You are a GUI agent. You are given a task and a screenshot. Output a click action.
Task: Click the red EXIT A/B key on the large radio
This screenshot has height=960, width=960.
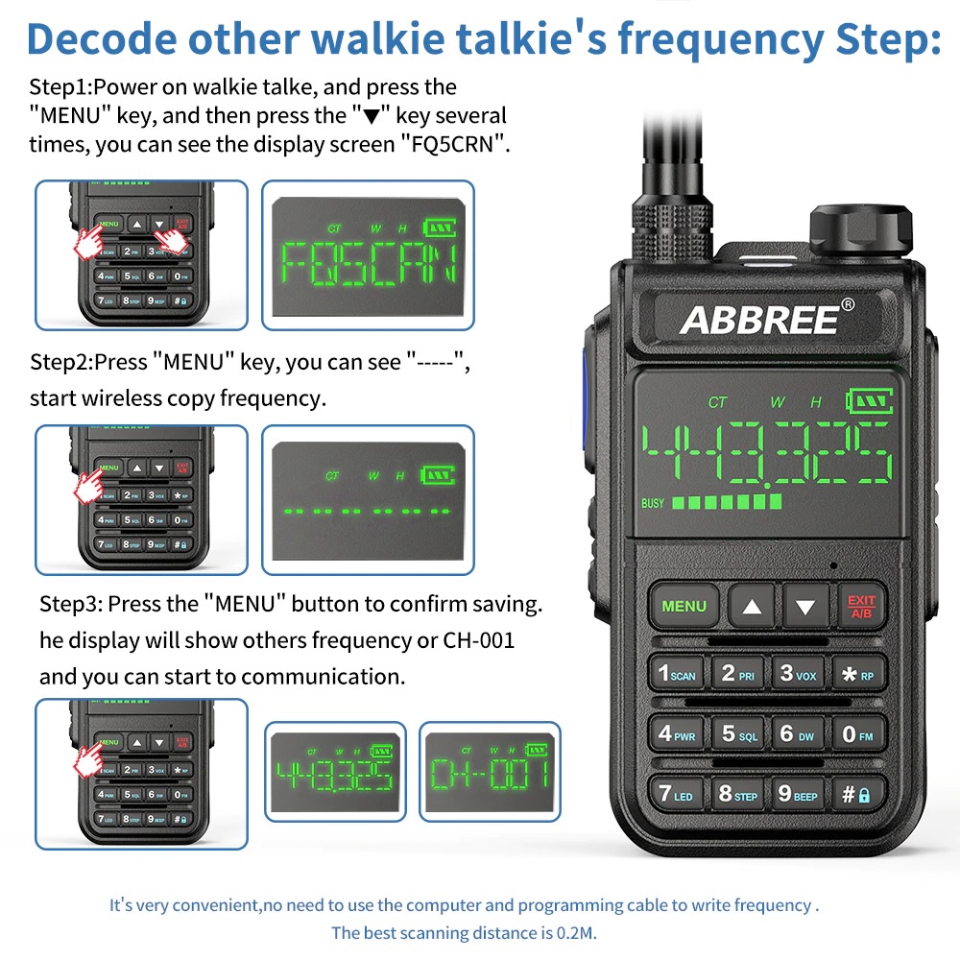coord(860,606)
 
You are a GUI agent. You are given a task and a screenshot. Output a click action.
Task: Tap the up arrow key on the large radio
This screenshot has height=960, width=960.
coord(752,606)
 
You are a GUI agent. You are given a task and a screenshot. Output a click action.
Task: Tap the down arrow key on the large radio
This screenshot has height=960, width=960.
coord(805,606)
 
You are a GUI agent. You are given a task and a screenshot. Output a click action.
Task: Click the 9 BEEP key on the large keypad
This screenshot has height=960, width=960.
coord(798,794)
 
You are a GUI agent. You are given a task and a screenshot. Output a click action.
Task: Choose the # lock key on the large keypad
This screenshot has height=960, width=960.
coord(857,794)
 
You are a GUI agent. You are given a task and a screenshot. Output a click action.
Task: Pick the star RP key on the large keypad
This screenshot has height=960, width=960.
coord(857,674)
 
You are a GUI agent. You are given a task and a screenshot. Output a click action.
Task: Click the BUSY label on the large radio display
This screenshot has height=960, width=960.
coord(653,503)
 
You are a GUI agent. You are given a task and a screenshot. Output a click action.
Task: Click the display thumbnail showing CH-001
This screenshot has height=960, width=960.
coord(490,771)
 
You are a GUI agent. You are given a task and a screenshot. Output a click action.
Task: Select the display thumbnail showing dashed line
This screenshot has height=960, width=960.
coord(368,499)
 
